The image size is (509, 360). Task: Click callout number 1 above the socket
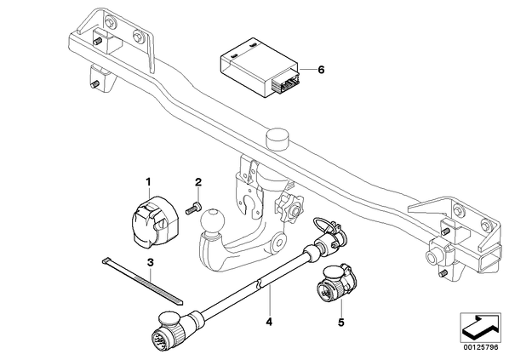(148, 182)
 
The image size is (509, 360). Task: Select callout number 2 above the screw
(198, 182)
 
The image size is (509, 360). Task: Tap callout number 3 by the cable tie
(150, 262)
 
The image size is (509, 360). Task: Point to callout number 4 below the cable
(269, 322)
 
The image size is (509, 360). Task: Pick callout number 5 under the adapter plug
(340, 323)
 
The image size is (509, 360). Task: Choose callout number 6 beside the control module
(321, 70)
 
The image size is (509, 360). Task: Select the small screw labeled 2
(193, 208)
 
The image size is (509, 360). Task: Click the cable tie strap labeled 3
(142, 282)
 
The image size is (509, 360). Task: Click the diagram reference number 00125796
(480, 348)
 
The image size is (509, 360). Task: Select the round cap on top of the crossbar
(277, 139)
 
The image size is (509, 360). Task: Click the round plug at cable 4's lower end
(169, 334)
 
